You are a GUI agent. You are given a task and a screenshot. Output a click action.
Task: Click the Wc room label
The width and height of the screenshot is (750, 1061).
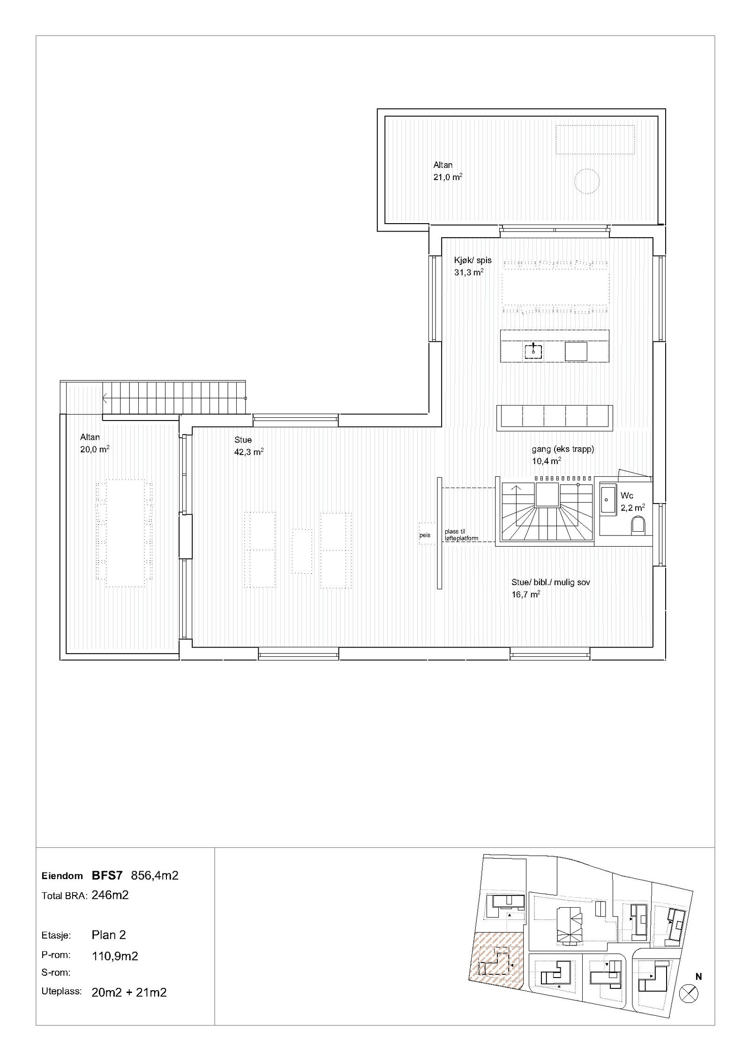(627, 496)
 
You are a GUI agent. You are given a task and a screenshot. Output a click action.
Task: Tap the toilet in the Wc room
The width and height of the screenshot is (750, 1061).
(638, 526)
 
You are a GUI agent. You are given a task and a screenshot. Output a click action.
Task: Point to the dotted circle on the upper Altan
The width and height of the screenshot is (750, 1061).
(586, 181)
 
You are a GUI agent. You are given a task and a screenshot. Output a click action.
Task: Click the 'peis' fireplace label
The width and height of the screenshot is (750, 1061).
(425, 535)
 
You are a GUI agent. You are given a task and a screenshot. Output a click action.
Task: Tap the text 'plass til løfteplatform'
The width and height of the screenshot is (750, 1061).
(461, 534)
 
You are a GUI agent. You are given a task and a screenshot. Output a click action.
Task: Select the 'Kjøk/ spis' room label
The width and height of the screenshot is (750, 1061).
(472, 260)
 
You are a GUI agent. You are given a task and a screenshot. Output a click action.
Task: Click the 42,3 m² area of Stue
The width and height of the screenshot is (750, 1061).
(248, 452)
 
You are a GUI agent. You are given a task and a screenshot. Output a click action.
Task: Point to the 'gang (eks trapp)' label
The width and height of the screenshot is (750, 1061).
(562, 449)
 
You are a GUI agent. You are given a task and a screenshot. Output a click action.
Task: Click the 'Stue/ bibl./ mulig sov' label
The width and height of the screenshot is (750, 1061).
(550, 582)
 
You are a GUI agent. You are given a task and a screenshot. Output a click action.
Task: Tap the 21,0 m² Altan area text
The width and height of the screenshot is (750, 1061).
(448, 177)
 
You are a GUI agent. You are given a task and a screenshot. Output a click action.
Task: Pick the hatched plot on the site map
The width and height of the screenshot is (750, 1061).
(496, 966)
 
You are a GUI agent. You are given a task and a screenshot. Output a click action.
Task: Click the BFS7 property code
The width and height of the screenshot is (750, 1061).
(107, 875)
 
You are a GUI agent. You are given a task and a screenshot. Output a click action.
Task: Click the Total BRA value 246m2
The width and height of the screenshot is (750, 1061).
(110, 895)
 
